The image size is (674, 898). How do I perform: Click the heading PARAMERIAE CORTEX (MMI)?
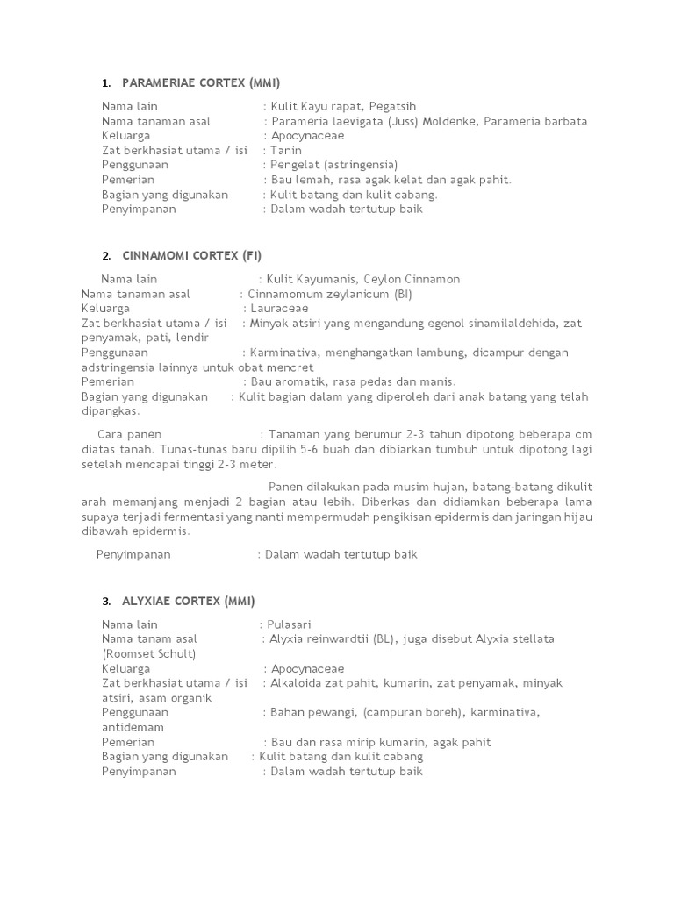pyautogui.click(x=201, y=83)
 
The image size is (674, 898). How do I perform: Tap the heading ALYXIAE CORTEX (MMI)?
pyautogui.click(x=188, y=602)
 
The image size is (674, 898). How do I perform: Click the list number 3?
pyautogui.click(x=105, y=602)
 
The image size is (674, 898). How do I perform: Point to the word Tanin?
pyautogui.click(x=285, y=151)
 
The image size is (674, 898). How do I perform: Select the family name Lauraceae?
pyautogui.click(x=276, y=309)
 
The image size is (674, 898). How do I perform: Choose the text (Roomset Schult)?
pyautogui.click(x=148, y=653)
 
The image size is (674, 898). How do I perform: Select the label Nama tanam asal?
pyautogui.click(x=149, y=639)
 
